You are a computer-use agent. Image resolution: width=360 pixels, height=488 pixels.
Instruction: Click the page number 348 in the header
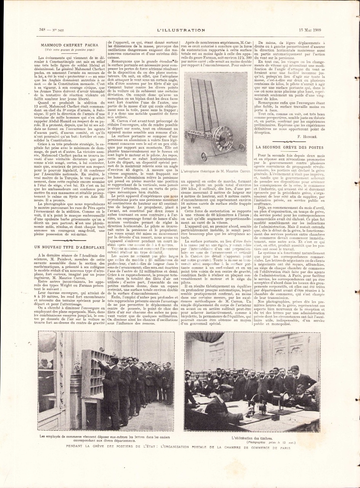click(43, 29)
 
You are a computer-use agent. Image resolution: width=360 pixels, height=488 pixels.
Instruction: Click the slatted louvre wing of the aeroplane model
click(216, 99)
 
